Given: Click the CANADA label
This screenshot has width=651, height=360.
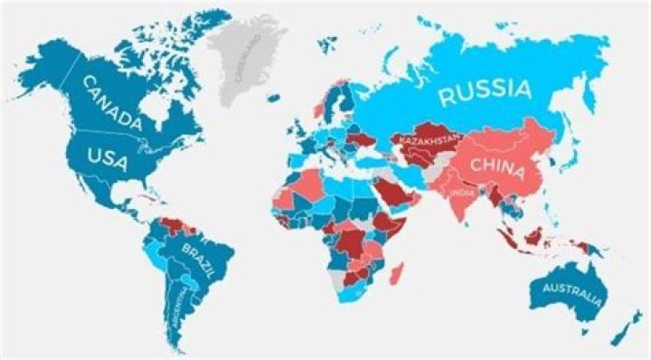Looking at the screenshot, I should pos(111,101).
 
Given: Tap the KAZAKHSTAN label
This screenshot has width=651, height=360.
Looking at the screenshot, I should pos(426,144).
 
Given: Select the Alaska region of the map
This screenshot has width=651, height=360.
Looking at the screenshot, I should pos(50,68).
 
